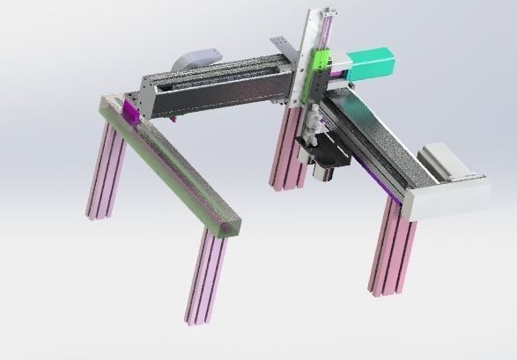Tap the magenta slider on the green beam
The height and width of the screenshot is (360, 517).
(x=131, y=111)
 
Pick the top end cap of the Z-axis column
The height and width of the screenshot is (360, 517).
(x=319, y=11)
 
